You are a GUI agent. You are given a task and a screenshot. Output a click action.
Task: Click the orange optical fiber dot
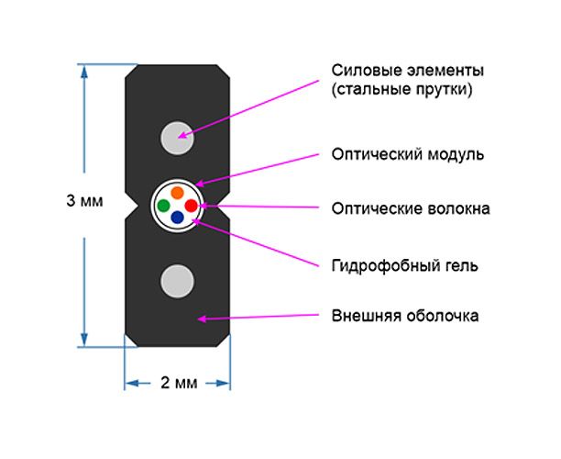tap(176, 193)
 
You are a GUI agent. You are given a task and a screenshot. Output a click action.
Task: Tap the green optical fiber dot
tap(163, 205)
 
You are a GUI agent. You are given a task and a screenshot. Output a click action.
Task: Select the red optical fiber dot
tap(191, 205)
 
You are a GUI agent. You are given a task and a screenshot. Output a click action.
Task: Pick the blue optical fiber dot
tap(177, 218)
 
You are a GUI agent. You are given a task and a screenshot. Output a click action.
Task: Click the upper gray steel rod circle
tap(177, 137)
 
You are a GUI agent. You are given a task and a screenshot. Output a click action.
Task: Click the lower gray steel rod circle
tap(177, 280)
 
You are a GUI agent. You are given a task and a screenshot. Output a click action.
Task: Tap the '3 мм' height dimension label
tap(84, 201)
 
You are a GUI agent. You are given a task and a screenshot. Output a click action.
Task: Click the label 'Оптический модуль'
tap(406, 153)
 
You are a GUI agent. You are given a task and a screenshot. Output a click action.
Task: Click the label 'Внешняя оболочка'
tap(404, 317)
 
